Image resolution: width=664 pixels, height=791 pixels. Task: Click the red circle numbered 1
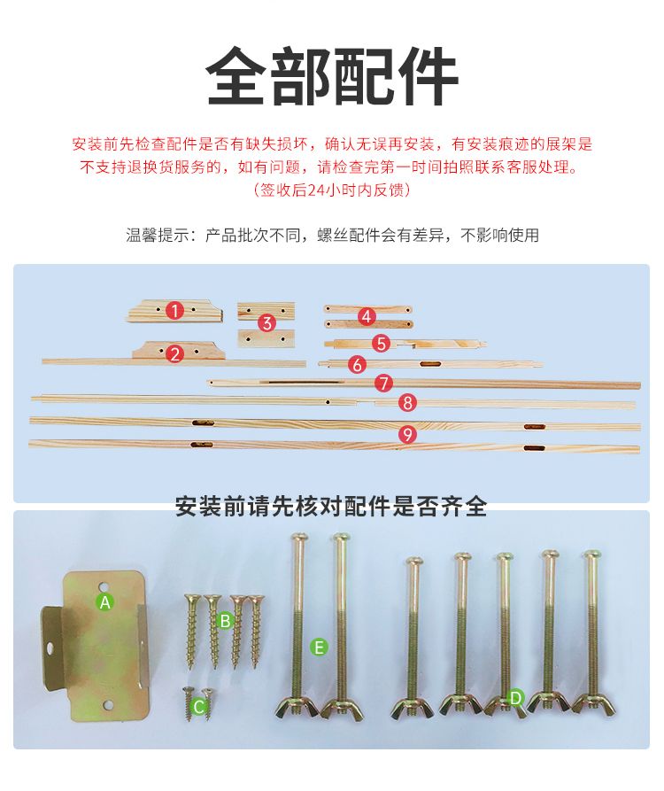click(174, 310)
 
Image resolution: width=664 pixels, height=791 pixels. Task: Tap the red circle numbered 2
click(175, 353)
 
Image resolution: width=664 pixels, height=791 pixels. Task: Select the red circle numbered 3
click(266, 322)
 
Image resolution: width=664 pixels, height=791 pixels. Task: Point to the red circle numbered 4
click(367, 316)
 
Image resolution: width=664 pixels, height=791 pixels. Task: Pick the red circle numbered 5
click(382, 344)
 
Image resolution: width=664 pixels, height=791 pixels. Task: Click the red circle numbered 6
click(357, 364)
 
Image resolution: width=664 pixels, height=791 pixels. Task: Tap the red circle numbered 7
click(383, 384)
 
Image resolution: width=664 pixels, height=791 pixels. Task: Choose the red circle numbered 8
click(407, 402)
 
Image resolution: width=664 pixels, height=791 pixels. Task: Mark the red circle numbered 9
click(407, 434)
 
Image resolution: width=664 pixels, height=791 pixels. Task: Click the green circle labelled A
click(104, 601)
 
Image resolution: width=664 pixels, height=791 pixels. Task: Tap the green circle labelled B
click(225, 621)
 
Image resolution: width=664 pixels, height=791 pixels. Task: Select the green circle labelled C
click(198, 706)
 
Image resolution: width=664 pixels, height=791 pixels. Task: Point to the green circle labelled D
click(515, 698)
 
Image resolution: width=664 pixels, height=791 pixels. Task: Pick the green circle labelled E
click(319, 648)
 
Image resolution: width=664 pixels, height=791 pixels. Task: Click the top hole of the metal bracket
click(104, 586)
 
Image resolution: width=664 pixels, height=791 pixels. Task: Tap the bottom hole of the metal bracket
click(107, 705)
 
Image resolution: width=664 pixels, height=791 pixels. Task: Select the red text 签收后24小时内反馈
click(332, 190)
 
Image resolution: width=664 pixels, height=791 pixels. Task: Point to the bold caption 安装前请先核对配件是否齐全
click(331, 506)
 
